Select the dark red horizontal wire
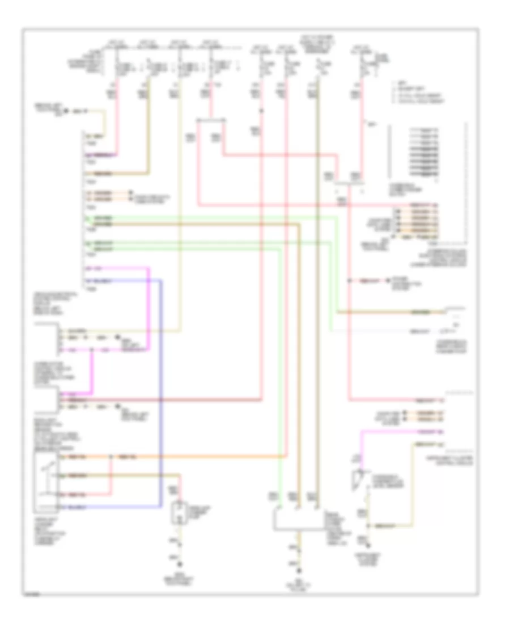(x=170, y=400)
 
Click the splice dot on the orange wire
(x=112, y=456)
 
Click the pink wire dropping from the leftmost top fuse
(x=117, y=113)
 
